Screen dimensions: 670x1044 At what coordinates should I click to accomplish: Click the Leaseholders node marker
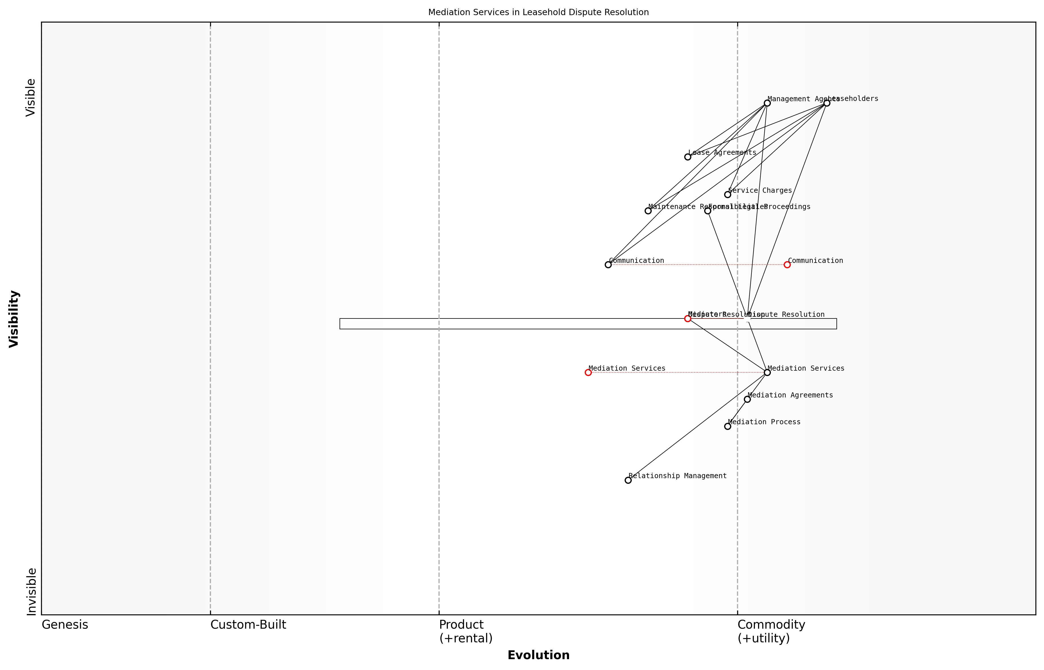826,103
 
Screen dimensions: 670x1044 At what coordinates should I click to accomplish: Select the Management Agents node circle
767,103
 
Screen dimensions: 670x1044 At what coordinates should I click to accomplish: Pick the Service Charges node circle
727,194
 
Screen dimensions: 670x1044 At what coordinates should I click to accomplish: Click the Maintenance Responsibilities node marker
648,211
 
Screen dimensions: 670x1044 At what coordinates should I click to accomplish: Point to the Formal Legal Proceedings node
707,211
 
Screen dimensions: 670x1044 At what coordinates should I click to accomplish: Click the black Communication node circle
608,265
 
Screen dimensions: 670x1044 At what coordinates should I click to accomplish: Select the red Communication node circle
787,265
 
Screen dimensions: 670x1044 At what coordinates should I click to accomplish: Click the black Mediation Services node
767,372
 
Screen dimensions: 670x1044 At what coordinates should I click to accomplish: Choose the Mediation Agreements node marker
747,399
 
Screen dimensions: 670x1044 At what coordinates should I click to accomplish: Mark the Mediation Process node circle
727,426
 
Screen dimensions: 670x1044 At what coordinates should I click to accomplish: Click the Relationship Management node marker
628,480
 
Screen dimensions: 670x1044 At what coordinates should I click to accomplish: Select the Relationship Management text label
677,476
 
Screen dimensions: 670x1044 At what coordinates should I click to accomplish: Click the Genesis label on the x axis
65,625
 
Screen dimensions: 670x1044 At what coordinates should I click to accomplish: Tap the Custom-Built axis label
248,625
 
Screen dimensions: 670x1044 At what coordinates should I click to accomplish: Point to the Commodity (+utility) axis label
771,631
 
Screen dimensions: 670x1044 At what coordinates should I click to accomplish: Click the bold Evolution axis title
538,655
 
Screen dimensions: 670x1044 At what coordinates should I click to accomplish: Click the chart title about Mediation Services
538,12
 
